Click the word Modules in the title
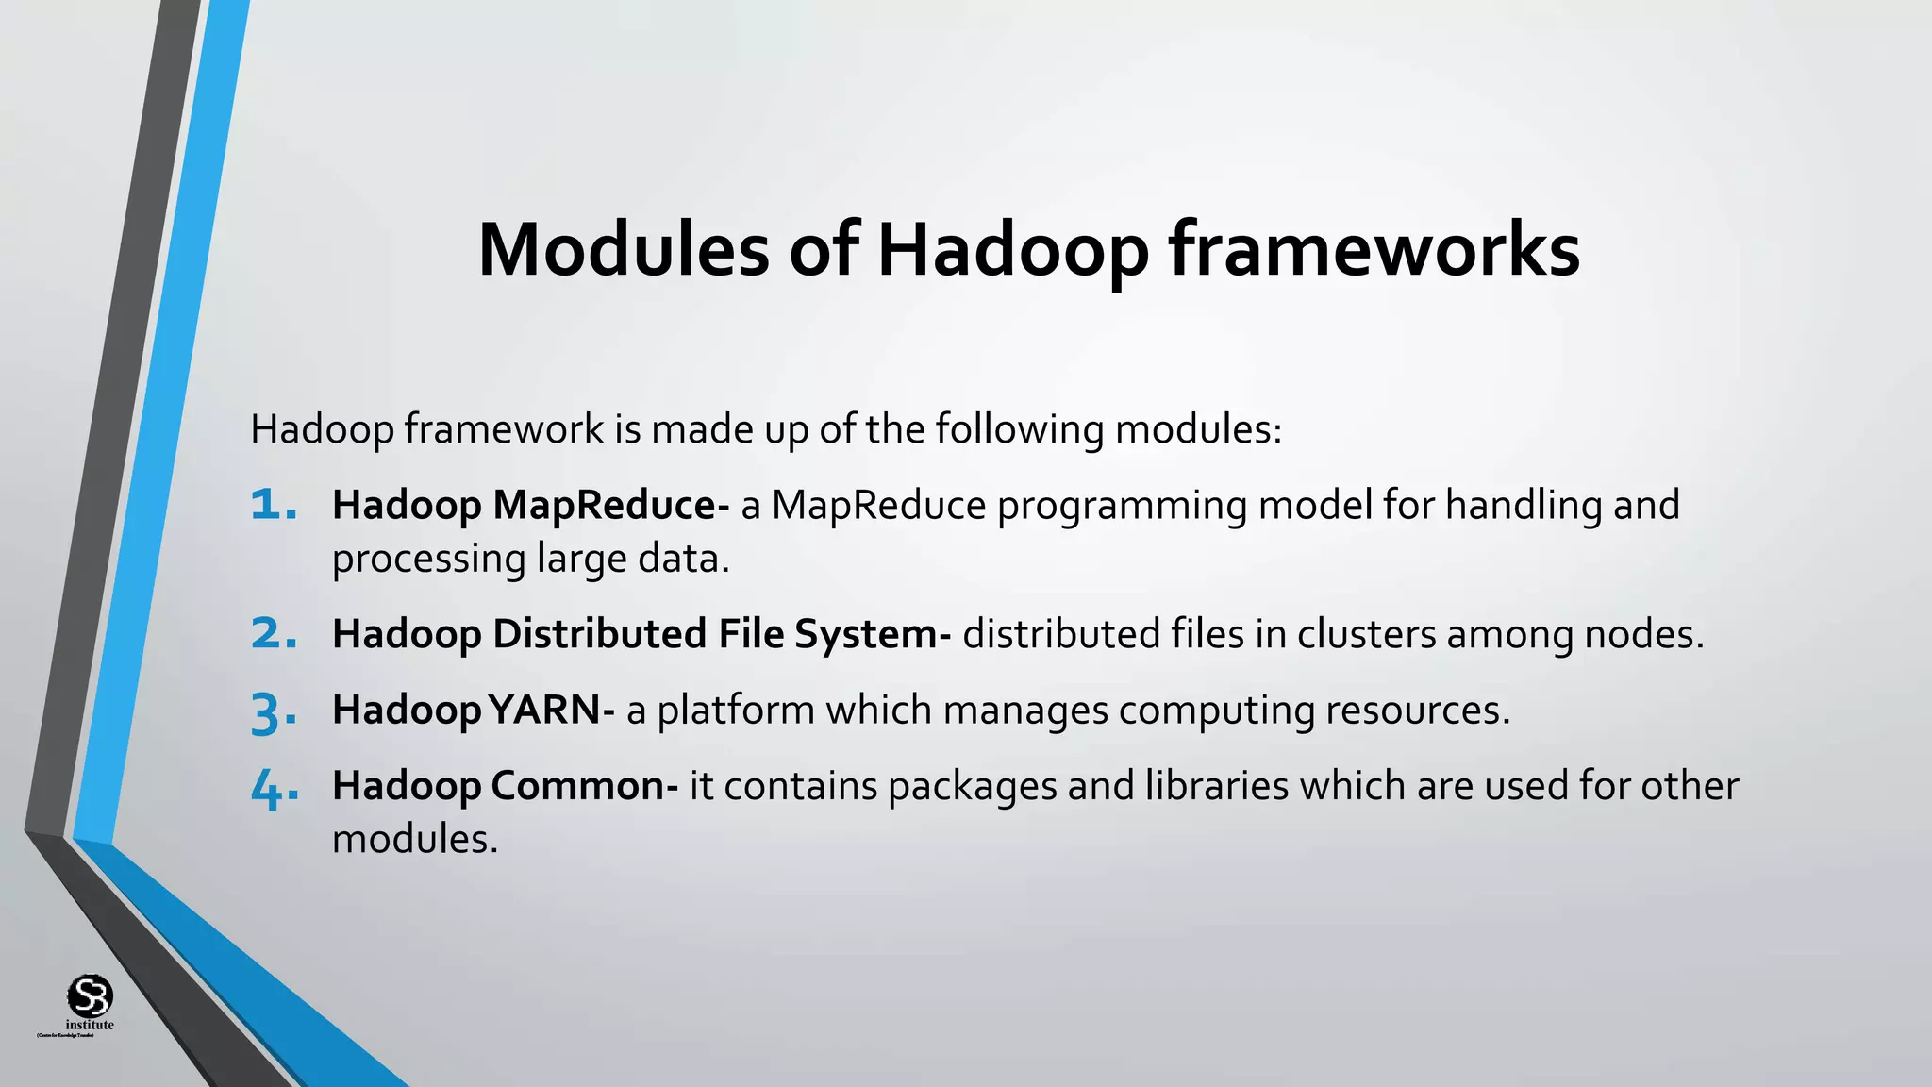623,250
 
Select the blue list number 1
274,506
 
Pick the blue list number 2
274,634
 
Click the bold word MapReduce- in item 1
610,506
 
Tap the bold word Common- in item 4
584,786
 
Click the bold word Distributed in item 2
599,634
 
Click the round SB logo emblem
90,995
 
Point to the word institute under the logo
90,1025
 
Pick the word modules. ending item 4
414,839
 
